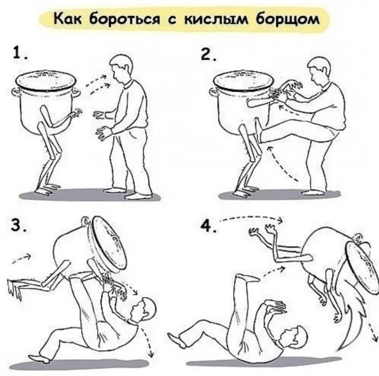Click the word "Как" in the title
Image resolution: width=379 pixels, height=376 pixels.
pos(68,18)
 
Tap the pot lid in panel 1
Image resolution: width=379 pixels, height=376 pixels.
pos(46,79)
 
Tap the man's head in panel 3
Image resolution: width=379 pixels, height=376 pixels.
pos(143,310)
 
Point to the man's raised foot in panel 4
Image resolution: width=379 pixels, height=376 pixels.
pos(248,278)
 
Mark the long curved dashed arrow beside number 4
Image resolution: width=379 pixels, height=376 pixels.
pos(251,217)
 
